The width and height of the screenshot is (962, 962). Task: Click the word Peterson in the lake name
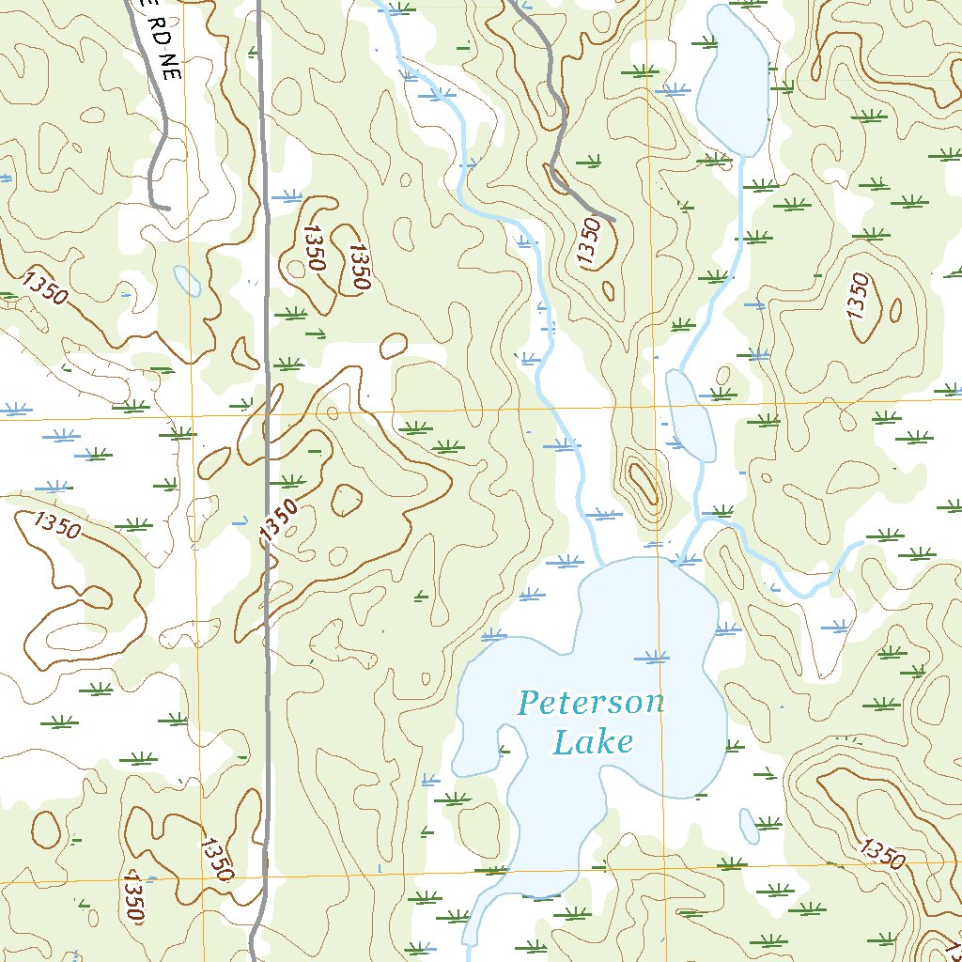point(591,702)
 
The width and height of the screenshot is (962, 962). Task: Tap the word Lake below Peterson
point(592,742)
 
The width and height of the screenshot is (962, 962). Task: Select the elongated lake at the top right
point(734,80)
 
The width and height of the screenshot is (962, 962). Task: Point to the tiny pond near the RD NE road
point(186,279)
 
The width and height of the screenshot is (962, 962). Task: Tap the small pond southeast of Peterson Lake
point(749,826)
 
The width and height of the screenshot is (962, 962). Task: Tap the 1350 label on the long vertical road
point(279,520)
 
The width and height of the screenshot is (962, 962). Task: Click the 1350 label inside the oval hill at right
point(857,296)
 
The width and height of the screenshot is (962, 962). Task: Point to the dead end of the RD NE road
point(168,207)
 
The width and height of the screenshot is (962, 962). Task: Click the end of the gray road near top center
point(613,220)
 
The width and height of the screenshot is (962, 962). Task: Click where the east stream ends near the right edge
point(861,544)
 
